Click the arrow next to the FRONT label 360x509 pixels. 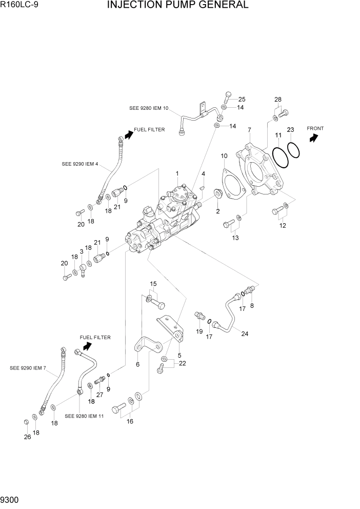coord(314,138)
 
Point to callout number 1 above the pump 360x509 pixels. coord(177,173)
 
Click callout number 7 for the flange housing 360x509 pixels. coord(249,130)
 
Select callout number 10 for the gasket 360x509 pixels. coord(224,155)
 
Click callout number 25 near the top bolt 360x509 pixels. coord(242,99)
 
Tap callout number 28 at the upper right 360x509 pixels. coord(278,99)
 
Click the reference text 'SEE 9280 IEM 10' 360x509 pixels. coord(149,108)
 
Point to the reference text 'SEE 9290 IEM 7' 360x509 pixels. coord(28,368)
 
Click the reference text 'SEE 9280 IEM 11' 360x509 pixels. coord(84,416)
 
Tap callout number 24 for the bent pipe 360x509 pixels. coord(245,334)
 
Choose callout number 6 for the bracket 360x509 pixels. coord(137,364)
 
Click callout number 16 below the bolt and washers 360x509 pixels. coord(130,421)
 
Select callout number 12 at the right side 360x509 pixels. coord(283,225)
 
